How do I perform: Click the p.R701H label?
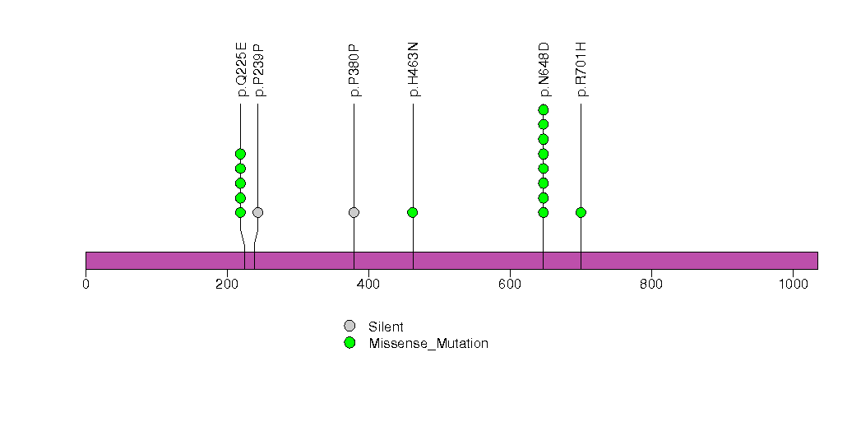[x=582, y=69]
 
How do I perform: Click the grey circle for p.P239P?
[x=257, y=212]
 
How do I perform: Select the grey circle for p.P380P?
[x=354, y=212]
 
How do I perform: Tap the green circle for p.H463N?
[x=413, y=212]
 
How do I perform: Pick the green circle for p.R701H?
[x=581, y=212]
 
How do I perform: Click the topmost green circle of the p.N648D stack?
[x=543, y=109]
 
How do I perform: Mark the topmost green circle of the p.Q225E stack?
[x=240, y=154]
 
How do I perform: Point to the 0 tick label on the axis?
[x=86, y=285]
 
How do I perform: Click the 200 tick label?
[x=227, y=285]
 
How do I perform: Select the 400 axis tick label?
[x=368, y=285]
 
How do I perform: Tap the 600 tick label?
[x=510, y=285]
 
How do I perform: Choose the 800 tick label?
[x=651, y=285]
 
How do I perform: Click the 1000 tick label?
[x=793, y=285]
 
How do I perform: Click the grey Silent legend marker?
[x=349, y=327]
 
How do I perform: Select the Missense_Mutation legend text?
[x=428, y=344]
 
